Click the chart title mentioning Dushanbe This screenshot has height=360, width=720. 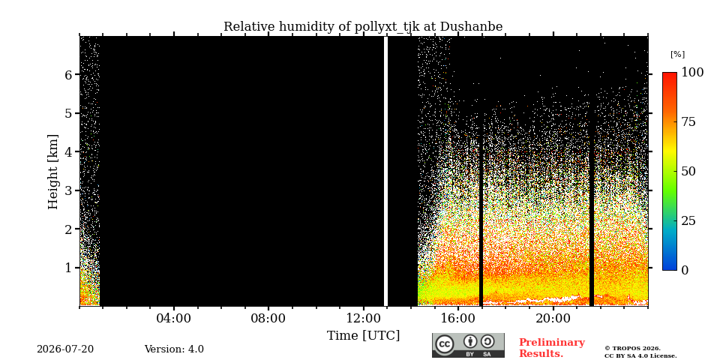click(363, 27)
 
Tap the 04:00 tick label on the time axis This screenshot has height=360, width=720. click(173, 318)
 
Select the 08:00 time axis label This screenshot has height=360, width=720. click(268, 318)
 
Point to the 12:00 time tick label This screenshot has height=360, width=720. click(363, 318)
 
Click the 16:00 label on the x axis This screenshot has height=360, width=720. click(458, 318)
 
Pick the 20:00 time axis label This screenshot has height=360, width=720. click(553, 318)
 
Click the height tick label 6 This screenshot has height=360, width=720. click(70, 74)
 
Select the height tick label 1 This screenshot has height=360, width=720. click(70, 267)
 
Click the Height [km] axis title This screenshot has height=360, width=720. click(53, 172)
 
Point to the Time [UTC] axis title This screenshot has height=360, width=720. click(363, 336)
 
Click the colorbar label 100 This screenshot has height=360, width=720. click(692, 72)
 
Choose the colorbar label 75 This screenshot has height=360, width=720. click(688, 121)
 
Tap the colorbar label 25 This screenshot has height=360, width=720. click(688, 220)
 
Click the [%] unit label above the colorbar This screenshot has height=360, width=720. click(677, 54)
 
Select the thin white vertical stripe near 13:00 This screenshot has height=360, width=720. click(385, 171)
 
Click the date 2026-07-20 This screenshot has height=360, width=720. click(65, 349)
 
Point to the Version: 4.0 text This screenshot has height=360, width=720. click(174, 349)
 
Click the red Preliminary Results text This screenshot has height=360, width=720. click(552, 348)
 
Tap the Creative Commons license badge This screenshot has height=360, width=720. click(468, 345)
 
